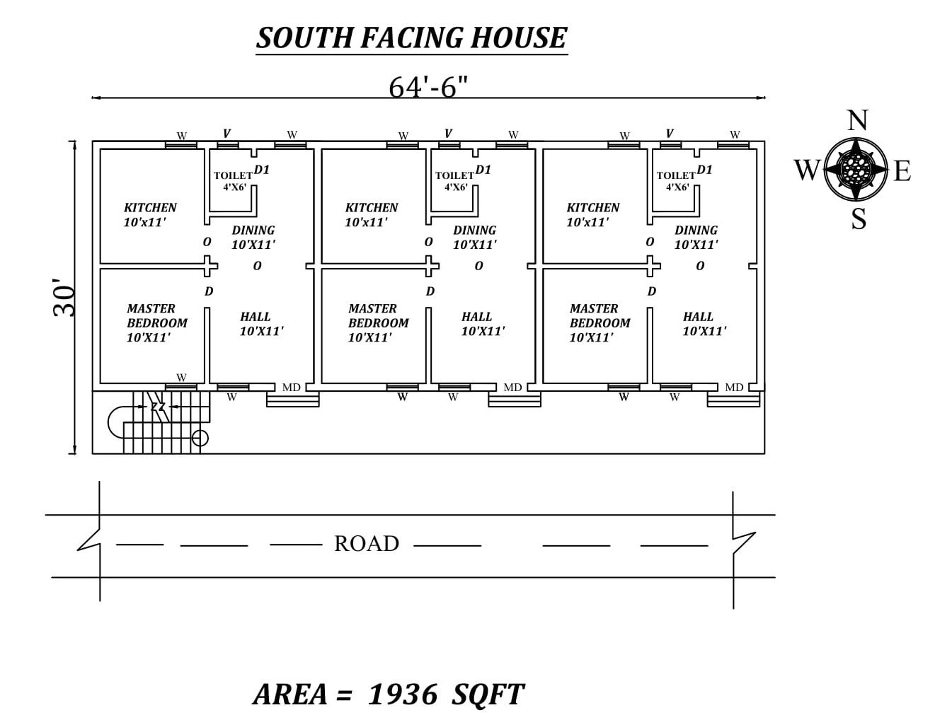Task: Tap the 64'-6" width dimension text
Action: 428,87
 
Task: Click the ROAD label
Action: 366,543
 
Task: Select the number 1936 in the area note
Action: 402,694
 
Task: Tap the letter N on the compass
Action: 857,121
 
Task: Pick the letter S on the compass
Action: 858,219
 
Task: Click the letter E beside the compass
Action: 902,171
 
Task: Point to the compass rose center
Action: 856,169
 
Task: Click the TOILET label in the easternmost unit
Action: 676,176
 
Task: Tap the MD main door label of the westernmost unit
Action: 291,388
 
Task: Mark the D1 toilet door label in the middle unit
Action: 483,170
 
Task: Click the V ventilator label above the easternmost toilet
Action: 670,134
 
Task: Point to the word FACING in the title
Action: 411,37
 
